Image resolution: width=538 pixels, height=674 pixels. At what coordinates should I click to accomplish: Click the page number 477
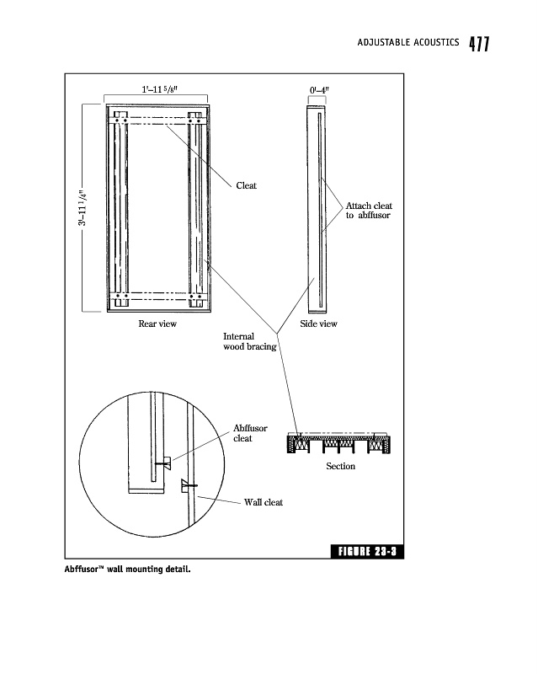[479, 45]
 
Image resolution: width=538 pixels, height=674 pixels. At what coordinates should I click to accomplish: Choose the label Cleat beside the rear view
[246, 185]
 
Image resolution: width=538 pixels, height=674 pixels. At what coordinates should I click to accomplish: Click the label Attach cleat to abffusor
[369, 211]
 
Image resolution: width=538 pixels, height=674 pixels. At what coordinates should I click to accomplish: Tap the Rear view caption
[157, 324]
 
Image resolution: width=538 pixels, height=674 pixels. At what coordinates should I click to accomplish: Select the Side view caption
[318, 324]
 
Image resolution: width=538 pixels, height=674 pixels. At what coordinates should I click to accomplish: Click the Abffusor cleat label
[249, 433]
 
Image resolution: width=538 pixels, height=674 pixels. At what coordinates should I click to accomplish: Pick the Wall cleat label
[264, 503]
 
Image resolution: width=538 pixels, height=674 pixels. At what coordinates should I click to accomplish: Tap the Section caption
[340, 466]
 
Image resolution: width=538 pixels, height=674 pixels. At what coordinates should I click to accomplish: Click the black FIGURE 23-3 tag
[367, 553]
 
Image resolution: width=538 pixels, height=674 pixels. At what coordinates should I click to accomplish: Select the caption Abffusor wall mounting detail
[128, 570]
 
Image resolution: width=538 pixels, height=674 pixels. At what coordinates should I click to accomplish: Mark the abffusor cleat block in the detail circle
[168, 461]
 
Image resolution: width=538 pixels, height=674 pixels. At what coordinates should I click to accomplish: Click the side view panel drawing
[317, 207]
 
